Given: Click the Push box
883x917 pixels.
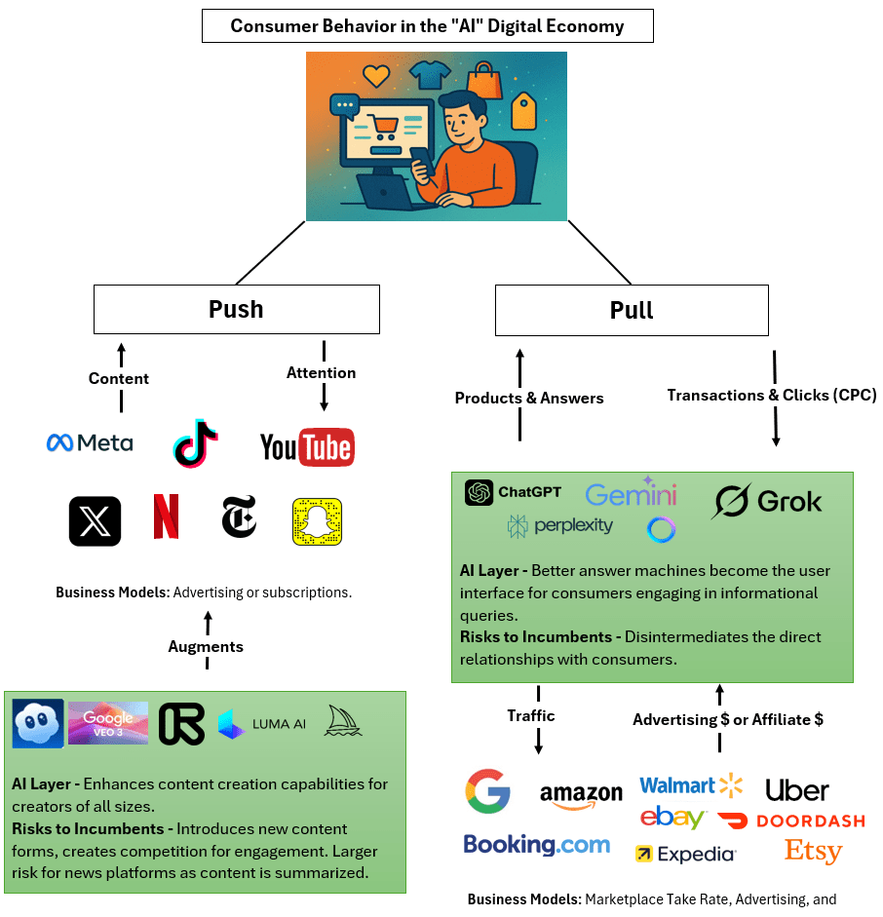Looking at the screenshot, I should (236, 309).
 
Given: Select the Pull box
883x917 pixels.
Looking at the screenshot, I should (632, 310).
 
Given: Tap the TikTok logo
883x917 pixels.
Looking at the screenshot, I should (195, 444).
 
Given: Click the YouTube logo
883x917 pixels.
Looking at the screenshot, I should (307, 447).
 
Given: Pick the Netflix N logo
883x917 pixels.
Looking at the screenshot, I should (166, 517).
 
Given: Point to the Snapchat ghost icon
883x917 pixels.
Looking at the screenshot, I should (318, 521).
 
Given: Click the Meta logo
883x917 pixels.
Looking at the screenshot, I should (90, 443).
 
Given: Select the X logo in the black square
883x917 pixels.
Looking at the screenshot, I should (96, 521).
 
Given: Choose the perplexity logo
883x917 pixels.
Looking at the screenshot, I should (560, 526).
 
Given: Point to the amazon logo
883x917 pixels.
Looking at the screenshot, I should (581, 795).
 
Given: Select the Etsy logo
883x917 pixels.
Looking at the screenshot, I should (813, 851).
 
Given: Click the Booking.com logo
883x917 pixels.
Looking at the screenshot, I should (536, 845).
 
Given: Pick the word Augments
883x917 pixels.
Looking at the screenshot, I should (206, 646).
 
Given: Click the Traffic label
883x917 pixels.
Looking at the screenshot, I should (531, 715).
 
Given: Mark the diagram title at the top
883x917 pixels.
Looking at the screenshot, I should (427, 25).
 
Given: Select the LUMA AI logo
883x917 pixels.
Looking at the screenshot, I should (262, 724).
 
